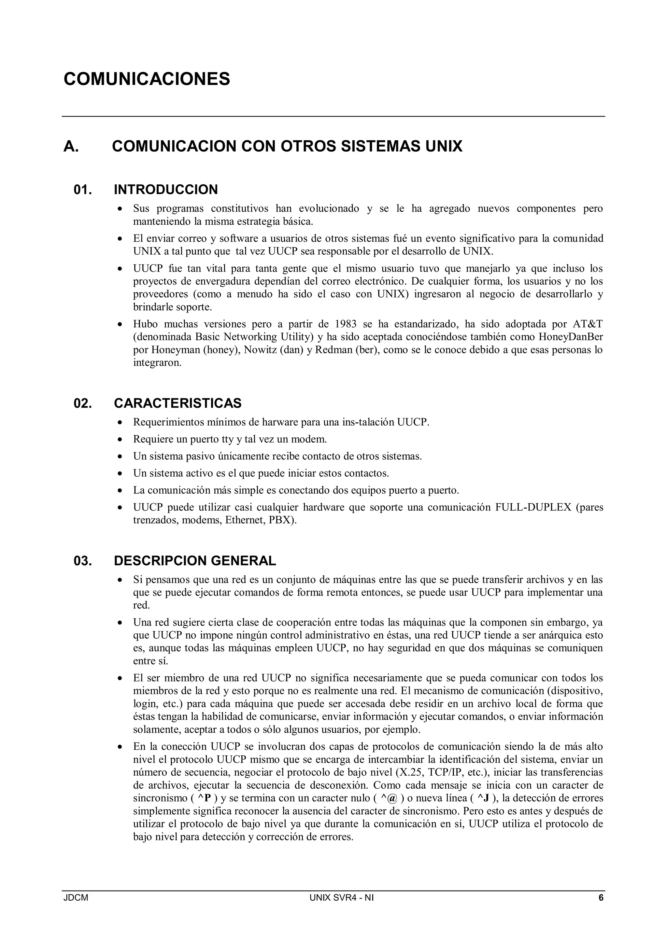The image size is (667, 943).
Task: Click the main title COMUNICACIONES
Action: (x=147, y=79)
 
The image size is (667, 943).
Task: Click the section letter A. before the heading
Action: (x=71, y=146)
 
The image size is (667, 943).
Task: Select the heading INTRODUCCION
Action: (x=165, y=190)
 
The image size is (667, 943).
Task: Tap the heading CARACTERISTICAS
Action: (x=177, y=403)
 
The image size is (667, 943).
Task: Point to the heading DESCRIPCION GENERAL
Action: (x=195, y=561)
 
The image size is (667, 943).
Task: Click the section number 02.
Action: (x=82, y=403)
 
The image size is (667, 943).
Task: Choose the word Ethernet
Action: (x=244, y=520)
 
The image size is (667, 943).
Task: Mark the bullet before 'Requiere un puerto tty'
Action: (x=120, y=440)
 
